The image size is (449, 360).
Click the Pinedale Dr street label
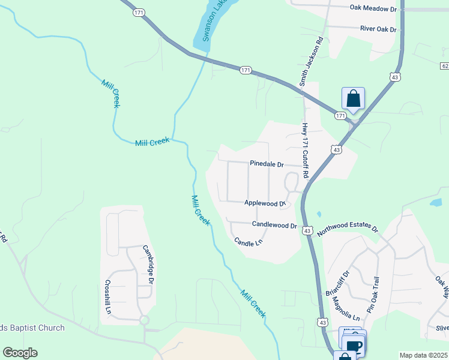[x=267, y=164]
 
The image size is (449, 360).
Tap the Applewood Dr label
[x=264, y=203]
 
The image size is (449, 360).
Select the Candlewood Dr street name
[x=274, y=225]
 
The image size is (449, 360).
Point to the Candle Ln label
[x=249, y=242]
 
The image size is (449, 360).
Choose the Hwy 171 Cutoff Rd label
[x=305, y=151]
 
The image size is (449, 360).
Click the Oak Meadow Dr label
[x=373, y=8]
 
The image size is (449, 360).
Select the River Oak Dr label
[x=378, y=29]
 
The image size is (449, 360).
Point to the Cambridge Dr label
[x=148, y=264]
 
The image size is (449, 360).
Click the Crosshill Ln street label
[x=109, y=297]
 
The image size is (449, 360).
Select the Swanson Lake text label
[x=208, y=27]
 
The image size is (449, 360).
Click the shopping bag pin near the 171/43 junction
[x=353, y=98]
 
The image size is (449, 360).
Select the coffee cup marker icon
[x=354, y=345]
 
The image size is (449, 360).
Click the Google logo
[x=20, y=353]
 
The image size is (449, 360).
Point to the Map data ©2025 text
[x=423, y=355]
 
